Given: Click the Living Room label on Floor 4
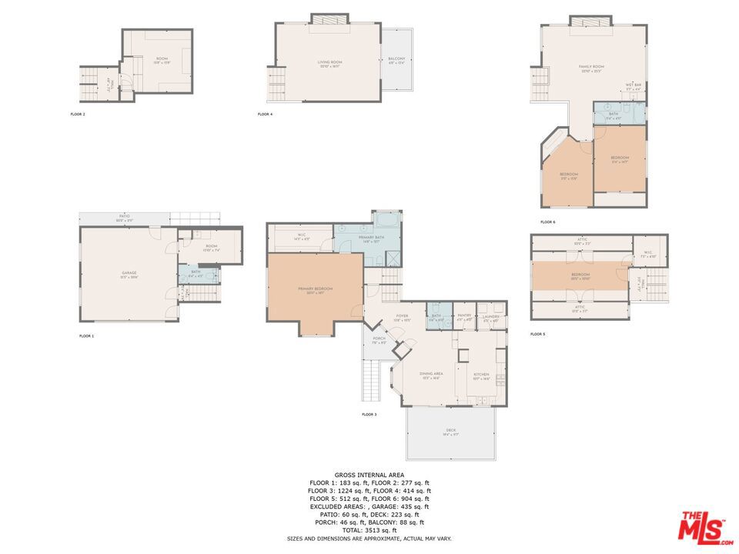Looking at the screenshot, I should pyautogui.click(x=329, y=62).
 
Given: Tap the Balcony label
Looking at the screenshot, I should pyautogui.click(x=396, y=59).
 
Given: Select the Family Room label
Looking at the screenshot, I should pyautogui.click(x=591, y=68).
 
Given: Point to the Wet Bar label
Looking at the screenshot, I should pyautogui.click(x=634, y=85).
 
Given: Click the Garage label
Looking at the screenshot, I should pyautogui.click(x=129, y=272).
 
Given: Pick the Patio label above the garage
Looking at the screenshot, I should pyautogui.click(x=124, y=218).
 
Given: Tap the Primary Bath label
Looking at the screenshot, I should pyautogui.click(x=371, y=238).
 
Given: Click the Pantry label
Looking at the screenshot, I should pyautogui.click(x=464, y=315).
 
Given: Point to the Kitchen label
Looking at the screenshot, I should pyautogui.click(x=481, y=375).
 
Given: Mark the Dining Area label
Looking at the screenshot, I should pyautogui.click(x=431, y=375).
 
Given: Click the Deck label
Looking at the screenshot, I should pyautogui.click(x=450, y=431).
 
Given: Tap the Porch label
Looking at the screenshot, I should pyautogui.click(x=379, y=339).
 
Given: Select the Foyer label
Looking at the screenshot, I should pyautogui.click(x=402, y=316).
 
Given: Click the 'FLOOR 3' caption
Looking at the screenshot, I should pyautogui.click(x=369, y=415).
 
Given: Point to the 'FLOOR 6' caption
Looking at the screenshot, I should pyautogui.click(x=547, y=222).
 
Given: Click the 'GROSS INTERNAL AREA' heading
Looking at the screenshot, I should pyautogui.click(x=369, y=475).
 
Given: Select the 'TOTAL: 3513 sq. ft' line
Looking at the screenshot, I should pyautogui.click(x=369, y=530).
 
